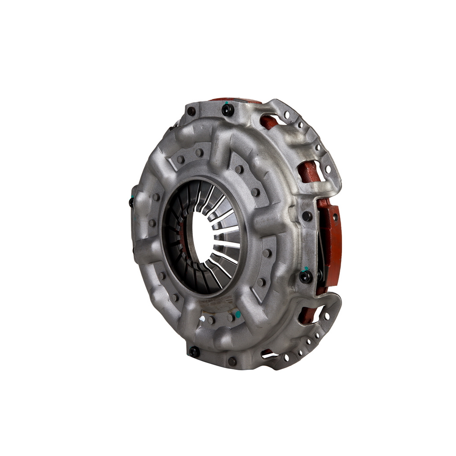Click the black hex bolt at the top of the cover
click(228, 109)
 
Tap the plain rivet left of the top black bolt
click(191, 111)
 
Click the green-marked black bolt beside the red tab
click(305, 276)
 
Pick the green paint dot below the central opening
click(238, 315)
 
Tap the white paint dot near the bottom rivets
click(202, 314)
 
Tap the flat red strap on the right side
click(334, 246)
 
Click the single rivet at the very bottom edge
click(232, 361)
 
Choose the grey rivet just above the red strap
click(307, 216)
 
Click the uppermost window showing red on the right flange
click(269, 122)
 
